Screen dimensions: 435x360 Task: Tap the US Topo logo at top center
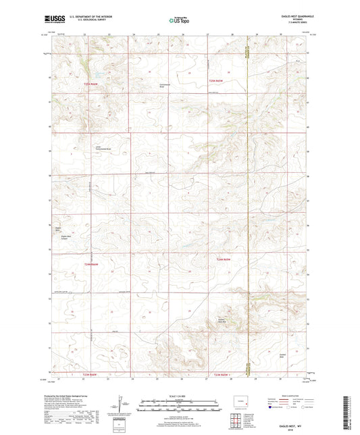click(x=179, y=20)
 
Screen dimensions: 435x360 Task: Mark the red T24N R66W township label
click(x=93, y=263)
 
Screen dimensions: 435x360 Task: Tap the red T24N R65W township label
click(x=224, y=259)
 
